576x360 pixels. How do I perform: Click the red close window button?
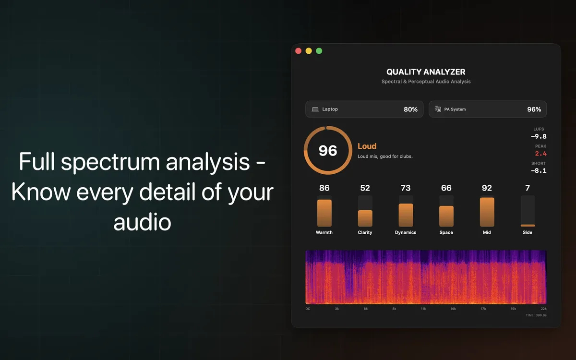pyautogui.click(x=298, y=51)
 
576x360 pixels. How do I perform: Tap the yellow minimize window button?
pyautogui.click(x=309, y=51)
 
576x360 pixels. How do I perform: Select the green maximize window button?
pyautogui.click(x=319, y=51)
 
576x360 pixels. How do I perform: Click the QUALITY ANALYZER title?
pyautogui.click(x=426, y=72)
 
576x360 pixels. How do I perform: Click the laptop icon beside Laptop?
pyautogui.click(x=315, y=109)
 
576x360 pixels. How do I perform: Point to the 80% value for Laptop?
pyautogui.click(x=410, y=109)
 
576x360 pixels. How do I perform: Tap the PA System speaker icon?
pyautogui.click(x=438, y=109)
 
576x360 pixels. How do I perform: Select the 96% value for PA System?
pyautogui.click(x=534, y=109)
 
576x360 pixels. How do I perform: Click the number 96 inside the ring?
pyautogui.click(x=328, y=151)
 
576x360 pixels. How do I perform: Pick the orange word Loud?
pyautogui.click(x=367, y=146)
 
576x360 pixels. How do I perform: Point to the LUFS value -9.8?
pyautogui.click(x=539, y=136)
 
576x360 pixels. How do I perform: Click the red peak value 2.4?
pyautogui.click(x=541, y=154)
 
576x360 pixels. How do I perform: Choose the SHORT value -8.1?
pyautogui.click(x=539, y=170)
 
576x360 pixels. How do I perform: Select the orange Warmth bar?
pyautogui.click(x=324, y=213)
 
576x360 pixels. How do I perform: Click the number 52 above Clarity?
pyautogui.click(x=365, y=188)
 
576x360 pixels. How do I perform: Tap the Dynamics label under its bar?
pyautogui.click(x=406, y=232)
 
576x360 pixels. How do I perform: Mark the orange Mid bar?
pyautogui.click(x=487, y=212)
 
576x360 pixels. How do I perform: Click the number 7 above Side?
pyautogui.click(x=528, y=188)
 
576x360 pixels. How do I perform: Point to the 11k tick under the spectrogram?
pyautogui.click(x=423, y=309)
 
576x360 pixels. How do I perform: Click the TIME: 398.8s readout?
pyautogui.click(x=536, y=315)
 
